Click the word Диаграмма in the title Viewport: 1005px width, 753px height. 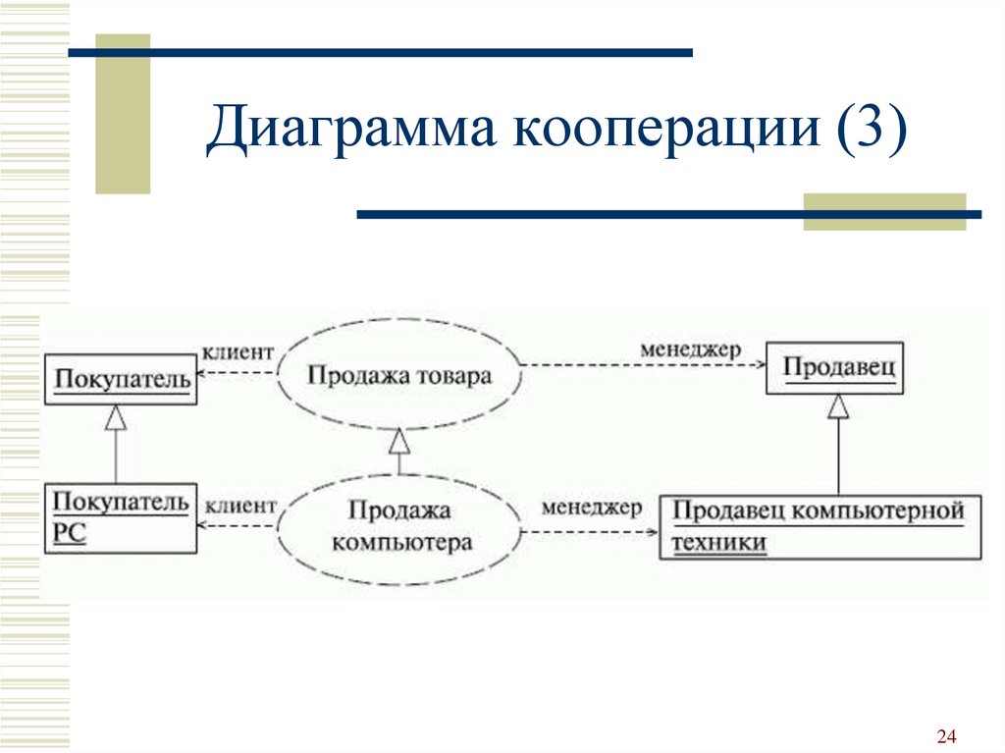pyautogui.click(x=350, y=127)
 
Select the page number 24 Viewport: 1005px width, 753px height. pyautogui.click(x=946, y=735)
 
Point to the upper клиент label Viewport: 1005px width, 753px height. pyautogui.click(x=238, y=352)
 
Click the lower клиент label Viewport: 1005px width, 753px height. pyautogui.click(x=240, y=506)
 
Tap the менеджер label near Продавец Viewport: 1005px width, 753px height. pyautogui.click(x=690, y=350)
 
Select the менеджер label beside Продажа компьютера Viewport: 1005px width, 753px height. pyautogui.click(x=591, y=508)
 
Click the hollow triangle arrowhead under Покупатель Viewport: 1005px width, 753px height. pyautogui.click(x=116, y=417)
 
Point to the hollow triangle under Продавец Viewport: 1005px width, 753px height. pyautogui.click(x=838, y=406)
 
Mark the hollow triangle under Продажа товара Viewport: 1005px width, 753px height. pyautogui.click(x=399, y=441)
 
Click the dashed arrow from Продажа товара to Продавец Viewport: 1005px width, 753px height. pyautogui.click(x=644, y=365)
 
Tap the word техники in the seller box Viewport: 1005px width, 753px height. pyautogui.click(x=718, y=543)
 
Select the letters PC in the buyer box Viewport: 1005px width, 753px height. pyautogui.click(x=70, y=533)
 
